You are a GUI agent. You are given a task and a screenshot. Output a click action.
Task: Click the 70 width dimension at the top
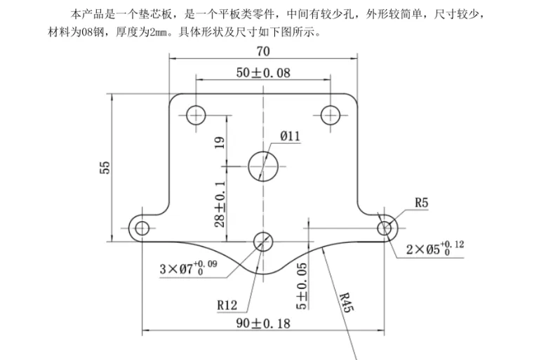click(x=263, y=51)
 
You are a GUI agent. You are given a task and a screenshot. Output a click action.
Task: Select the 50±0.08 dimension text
click(x=262, y=72)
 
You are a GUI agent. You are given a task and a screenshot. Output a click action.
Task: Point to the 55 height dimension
click(x=105, y=168)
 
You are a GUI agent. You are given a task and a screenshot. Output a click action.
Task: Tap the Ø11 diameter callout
click(x=290, y=136)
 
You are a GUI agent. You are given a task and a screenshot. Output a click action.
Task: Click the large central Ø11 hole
click(x=263, y=166)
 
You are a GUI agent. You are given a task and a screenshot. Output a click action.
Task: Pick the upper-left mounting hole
click(x=197, y=114)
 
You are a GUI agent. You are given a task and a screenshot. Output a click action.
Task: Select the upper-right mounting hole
click(x=331, y=114)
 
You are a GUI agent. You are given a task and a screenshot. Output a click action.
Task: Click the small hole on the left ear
click(x=142, y=227)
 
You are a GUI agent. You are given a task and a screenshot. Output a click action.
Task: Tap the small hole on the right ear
click(x=385, y=227)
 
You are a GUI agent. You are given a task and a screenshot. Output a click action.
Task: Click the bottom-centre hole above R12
click(x=263, y=241)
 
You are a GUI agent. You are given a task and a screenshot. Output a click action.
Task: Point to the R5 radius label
click(x=421, y=204)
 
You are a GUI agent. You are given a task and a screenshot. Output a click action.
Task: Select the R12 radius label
click(x=227, y=305)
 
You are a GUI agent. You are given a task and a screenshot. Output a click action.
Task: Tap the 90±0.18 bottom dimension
click(x=263, y=323)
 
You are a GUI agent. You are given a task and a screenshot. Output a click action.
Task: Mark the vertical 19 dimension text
click(x=220, y=143)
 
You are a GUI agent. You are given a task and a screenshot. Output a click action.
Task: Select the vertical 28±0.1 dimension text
click(x=220, y=203)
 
